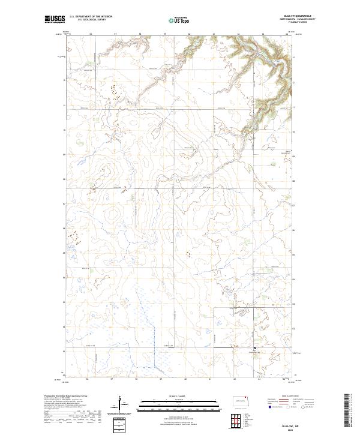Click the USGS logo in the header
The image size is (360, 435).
point(55,20)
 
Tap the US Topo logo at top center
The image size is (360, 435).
point(174,20)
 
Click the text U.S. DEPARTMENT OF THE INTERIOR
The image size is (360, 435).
point(91,17)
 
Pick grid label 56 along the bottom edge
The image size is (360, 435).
point(88,380)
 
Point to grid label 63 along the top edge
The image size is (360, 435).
point(262,34)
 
